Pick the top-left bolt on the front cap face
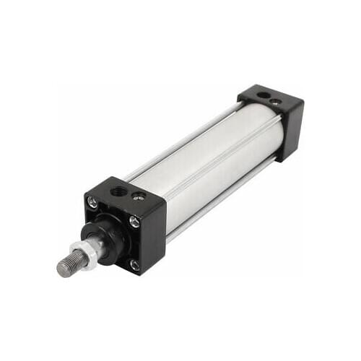pos(92,204)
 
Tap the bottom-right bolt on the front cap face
pos(135,264)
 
